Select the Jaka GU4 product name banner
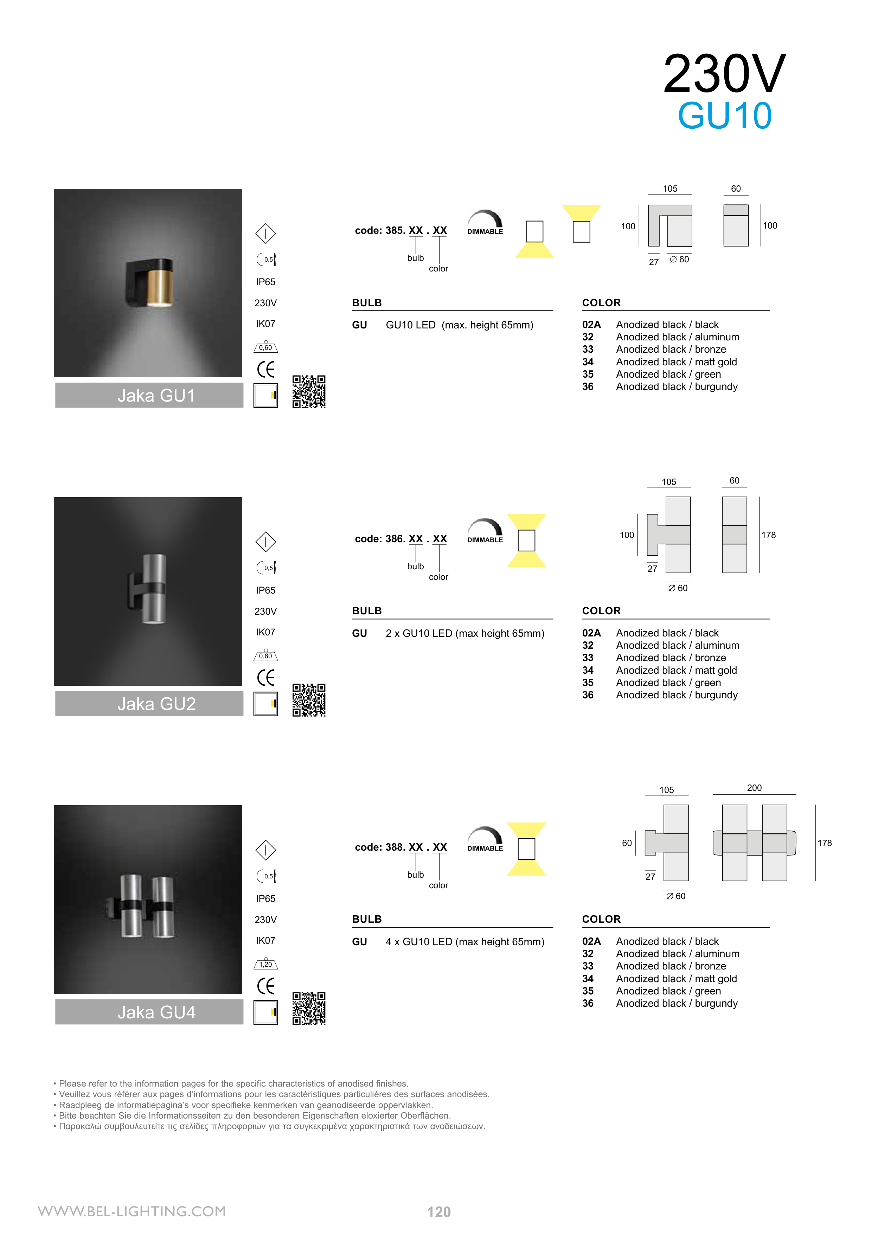point(149,1012)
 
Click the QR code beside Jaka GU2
point(309,700)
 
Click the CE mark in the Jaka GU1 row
point(265,370)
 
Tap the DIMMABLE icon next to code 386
point(485,531)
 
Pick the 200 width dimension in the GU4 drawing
point(754,788)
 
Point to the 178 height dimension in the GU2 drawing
point(768,535)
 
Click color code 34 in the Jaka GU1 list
point(588,362)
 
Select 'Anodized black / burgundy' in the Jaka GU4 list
point(677,1004)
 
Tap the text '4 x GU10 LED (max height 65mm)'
point(465,942)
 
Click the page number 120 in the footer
point(439,1212)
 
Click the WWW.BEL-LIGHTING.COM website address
point(132,1211)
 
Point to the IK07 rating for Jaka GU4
point(265,941)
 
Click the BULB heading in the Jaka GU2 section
point(367,611)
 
